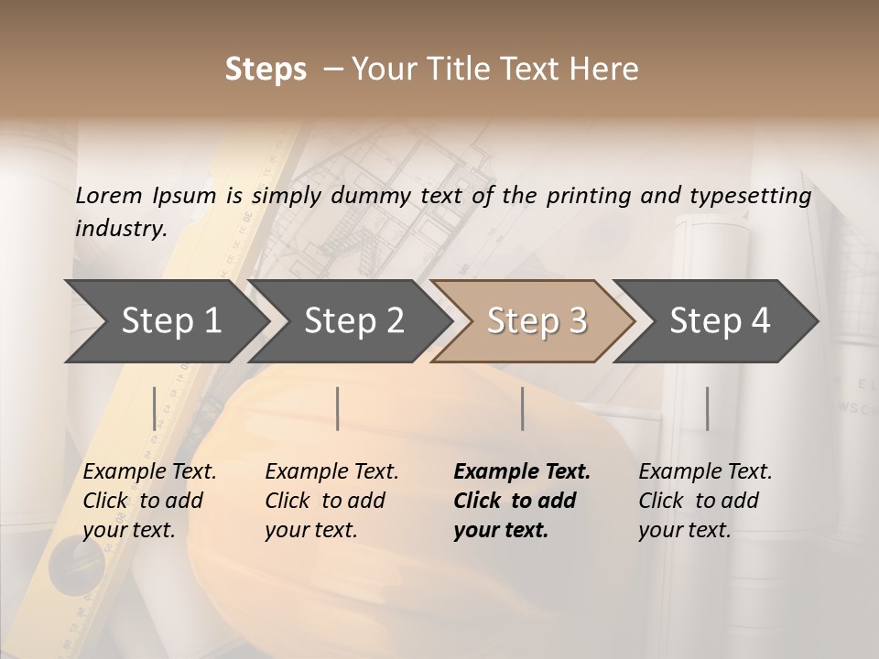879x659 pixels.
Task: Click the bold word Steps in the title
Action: coord(266,70)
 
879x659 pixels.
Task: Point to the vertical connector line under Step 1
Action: coord(155,408)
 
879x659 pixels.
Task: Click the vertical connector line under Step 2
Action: coord(338,408)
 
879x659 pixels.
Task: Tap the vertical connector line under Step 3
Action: coord(523,408)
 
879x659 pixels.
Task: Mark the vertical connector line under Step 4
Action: coord(707,408)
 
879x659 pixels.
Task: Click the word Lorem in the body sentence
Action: coord(109,196)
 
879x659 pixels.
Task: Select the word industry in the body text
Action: coord(120,228)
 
